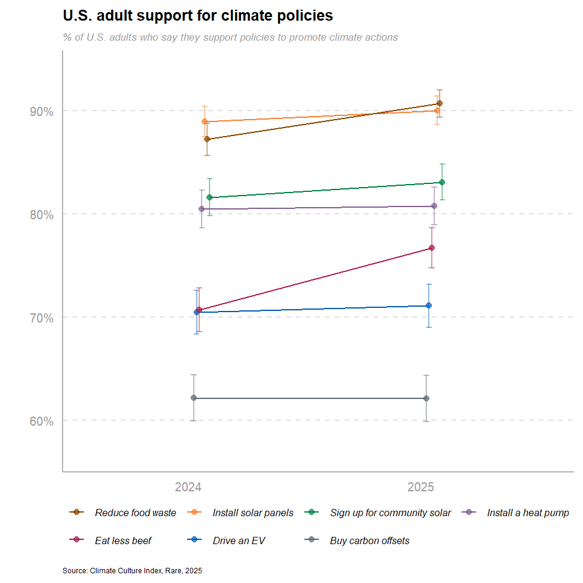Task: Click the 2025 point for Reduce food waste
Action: pyautogui.click(x=440, y=103)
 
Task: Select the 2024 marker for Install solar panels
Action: pyautogui.click(x=205, y=121)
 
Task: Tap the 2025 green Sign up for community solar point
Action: pyautogui.click(x=442, y=182)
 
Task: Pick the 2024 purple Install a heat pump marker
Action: pyautogui.click(x=202, y=209)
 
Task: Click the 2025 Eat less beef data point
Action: pyautogui.click(x=432, y=248)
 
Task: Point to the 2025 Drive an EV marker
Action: pyautogui.click(x=429, y=305)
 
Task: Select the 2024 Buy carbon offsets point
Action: pyautogui.click(x=194, y=398)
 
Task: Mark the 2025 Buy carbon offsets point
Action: pyautogui.click(x=426, y=398)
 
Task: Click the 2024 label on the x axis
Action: pyautogui.click(x=188, y=487)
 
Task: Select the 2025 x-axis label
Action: pyautogui.click(x=421, y=487)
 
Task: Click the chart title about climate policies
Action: pyautogui.click(x=198, y=15)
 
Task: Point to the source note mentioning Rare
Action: pyautogui.click(x=132, y=571)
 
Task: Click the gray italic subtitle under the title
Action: pyautogui.click(x=230, y=37)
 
